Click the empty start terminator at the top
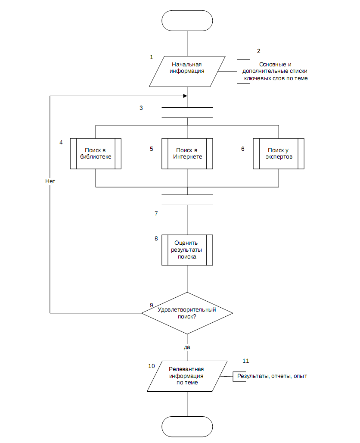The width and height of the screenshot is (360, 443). (187, 21)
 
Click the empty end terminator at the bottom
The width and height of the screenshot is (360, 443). (187, 427)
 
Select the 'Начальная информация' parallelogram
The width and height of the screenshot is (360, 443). (187, 72)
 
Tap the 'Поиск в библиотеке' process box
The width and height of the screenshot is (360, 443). (96, 154)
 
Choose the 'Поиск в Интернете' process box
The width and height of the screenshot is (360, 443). (187, 154)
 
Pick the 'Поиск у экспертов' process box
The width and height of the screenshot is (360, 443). (279, 154)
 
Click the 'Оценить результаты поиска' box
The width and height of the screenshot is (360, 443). (187, 250)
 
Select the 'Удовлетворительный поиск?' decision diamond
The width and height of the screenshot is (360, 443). (187, 313)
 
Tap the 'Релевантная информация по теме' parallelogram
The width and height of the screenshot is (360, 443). (187, 376)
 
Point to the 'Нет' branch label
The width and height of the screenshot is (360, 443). (50, 181)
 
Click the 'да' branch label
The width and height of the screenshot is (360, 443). (187, 347)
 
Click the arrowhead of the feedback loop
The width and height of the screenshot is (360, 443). (185, 96)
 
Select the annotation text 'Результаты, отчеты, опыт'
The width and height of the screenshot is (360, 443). (272, 376)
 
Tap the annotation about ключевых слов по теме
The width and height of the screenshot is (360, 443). (275, 71)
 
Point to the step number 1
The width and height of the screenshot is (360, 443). (151, 57)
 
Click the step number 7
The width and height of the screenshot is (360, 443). (156, 213)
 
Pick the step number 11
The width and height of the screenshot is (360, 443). (245, 361)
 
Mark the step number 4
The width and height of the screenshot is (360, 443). (61, 142)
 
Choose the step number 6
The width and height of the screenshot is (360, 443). (242, 149)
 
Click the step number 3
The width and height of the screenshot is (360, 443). (141, 108)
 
